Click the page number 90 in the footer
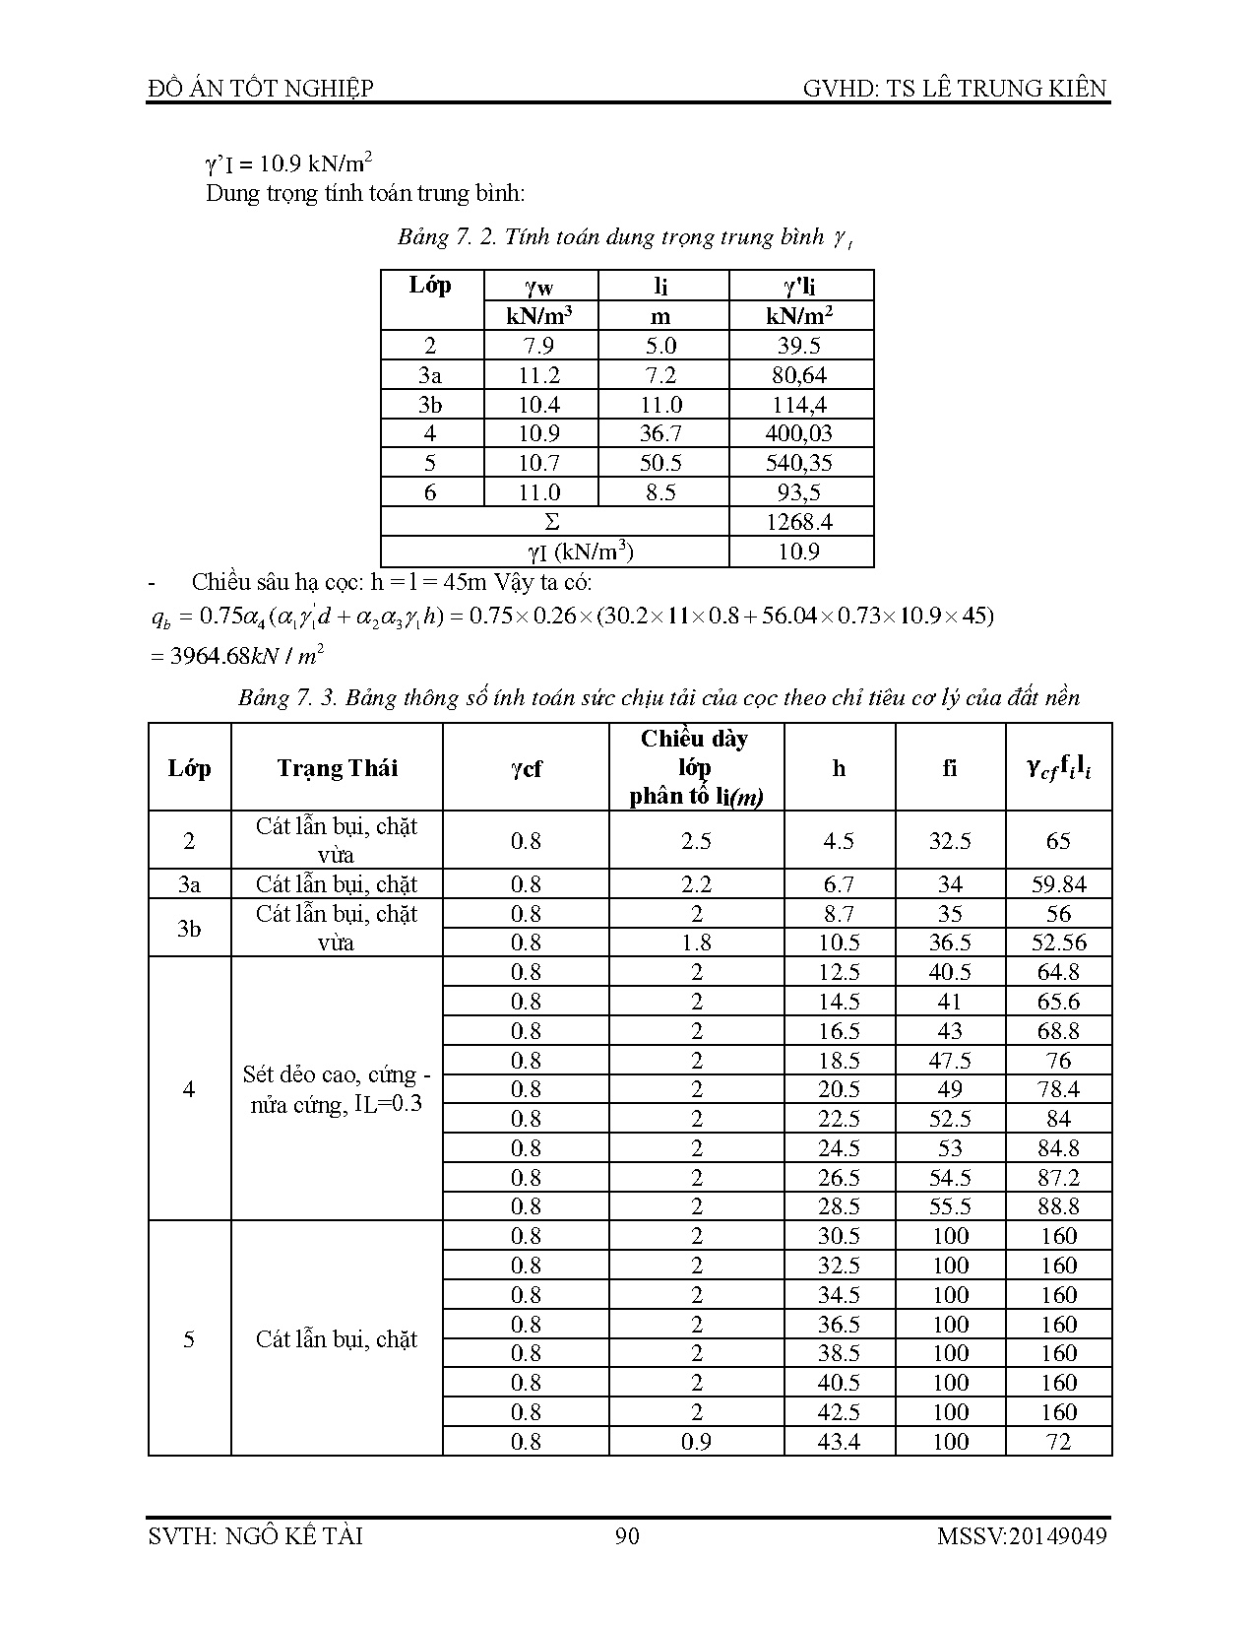(x=627, y=1535)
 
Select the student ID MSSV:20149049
(x=1022, y=1535)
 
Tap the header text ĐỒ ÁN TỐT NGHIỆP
(x=260, y=89)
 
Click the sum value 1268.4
(x=799, y=522)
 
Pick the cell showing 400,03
(x=799, y=433)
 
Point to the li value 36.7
(x=661, y=433)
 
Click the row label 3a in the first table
(x=430, y=375)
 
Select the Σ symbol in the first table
(x=552, y=522)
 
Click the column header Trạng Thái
(x=337, y=768)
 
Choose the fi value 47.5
(x=950, y=1061)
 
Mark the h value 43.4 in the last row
(x=839, y=1442)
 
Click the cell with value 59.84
(x=1058, y=884)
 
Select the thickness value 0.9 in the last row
(x=696, y=1442)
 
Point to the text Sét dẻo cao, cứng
(x=337, y=1075)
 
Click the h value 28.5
(x=839, y=1206)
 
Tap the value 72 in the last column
(x=1058, y=1442)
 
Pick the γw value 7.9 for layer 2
(x=539, y=346)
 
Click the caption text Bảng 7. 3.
(x=283, y=698)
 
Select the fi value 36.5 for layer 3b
(x=950, y=942)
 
